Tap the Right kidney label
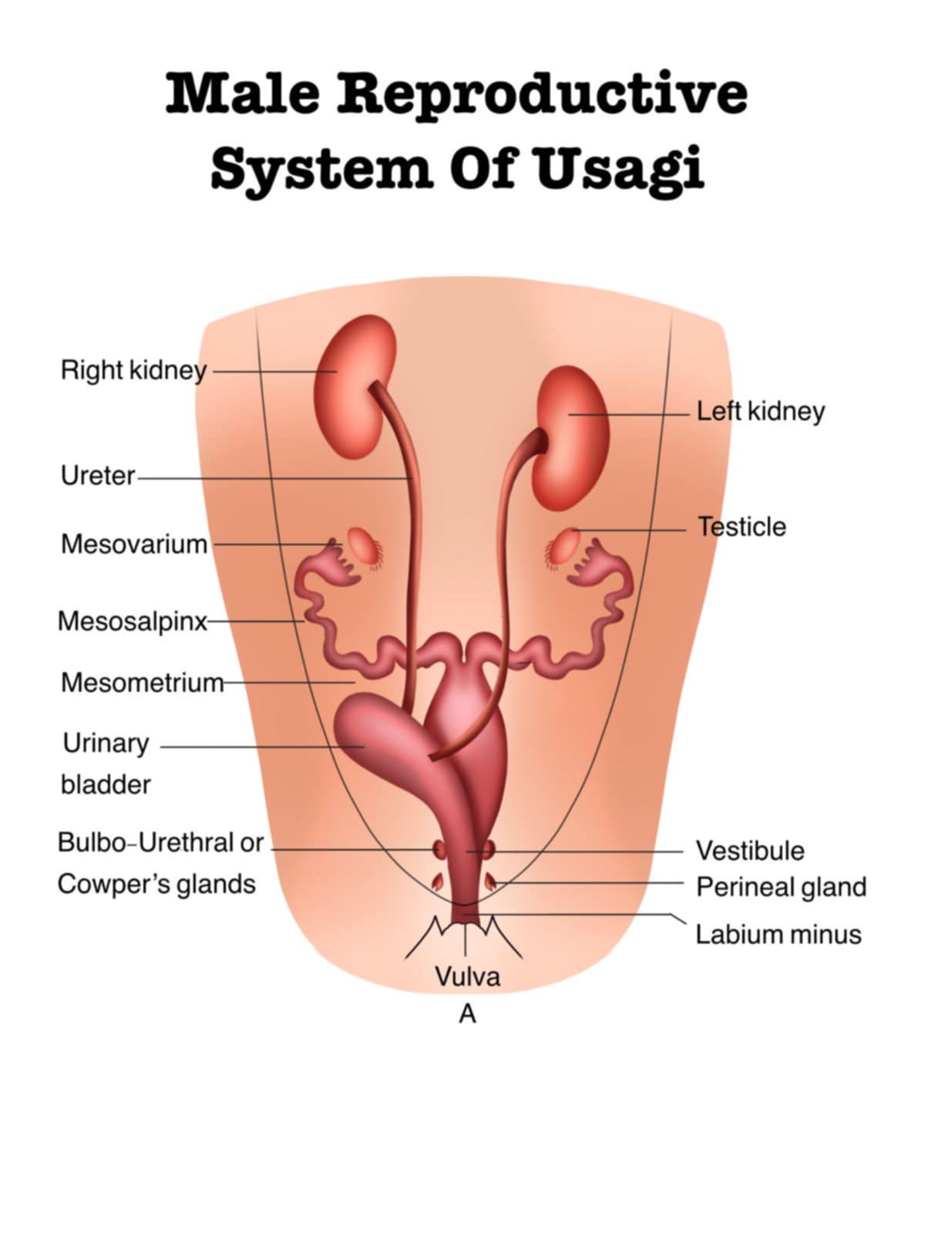pos(133,371)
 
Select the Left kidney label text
pos(760,411)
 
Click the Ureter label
pos(98,476)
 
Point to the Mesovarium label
pos(134,544)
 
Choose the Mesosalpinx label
pos(133,621)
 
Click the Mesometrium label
pos(142,683)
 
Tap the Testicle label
pos(742,527)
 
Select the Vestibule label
pos(749,851)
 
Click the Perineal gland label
pos(781,887)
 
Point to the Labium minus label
pos(778,935)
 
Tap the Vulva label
pos(467,976)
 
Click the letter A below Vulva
pos(467,1014)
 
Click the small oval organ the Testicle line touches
pos(565,545)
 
